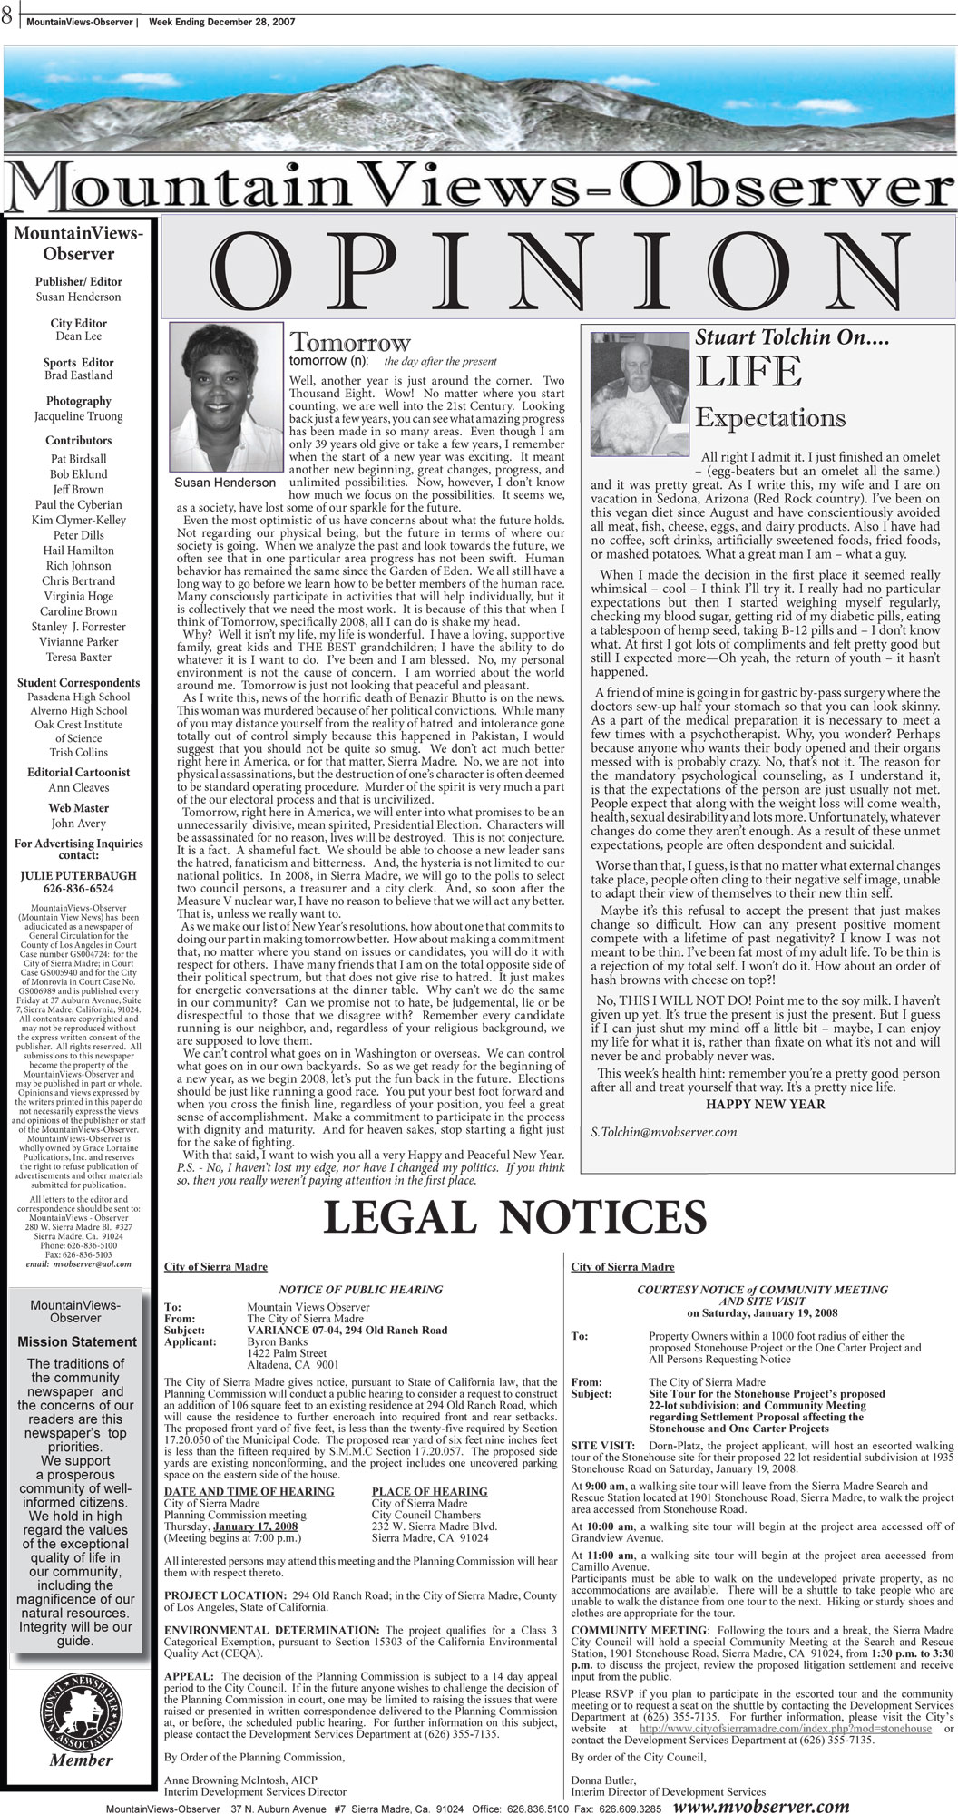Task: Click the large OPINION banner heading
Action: (558, 272)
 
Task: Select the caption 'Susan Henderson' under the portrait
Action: (225, 483)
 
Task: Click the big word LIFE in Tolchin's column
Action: (748, 372)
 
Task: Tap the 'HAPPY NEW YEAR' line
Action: (765, 1104)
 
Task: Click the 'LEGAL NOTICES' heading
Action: (514, 1218)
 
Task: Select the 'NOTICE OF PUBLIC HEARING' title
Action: (360, 1290)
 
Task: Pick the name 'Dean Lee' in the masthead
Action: (78, 336)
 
